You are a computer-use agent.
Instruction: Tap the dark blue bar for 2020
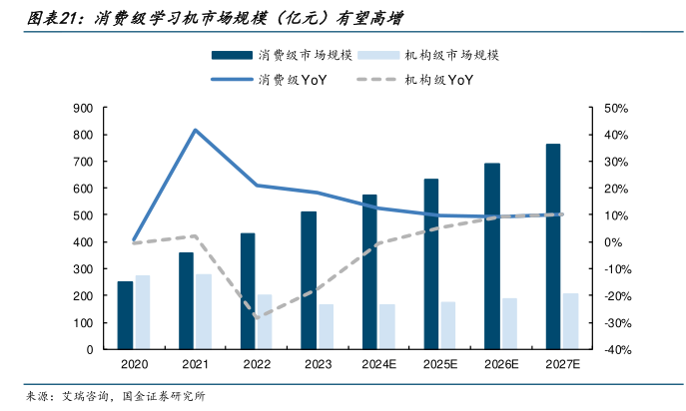[125, 315]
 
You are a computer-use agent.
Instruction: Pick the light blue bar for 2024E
[387, 327]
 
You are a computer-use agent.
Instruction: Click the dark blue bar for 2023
[309, 280]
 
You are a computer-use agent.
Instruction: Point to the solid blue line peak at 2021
[195, 130]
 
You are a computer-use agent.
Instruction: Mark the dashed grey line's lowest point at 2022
[257, 317]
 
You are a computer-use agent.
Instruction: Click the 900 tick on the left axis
[84, 107]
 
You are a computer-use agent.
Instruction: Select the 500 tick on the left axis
[84, 215]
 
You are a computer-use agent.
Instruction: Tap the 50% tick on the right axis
[615, 107]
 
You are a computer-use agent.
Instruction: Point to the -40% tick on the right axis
[615, 350]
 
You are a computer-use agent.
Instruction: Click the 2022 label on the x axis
[257, 366]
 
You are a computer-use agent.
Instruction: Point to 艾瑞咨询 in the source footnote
[85, 396]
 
